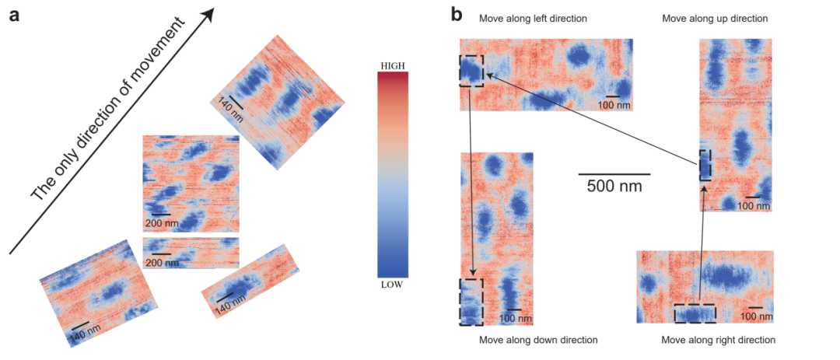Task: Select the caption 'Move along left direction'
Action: click(x=533, y=18)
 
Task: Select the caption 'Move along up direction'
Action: click(x=715, y=18)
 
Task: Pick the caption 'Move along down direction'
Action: click(x=538, y=340)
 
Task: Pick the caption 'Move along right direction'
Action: click(x=718, y=340)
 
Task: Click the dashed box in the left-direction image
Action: click(x=471, y=71)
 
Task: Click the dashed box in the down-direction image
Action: click(x=471, y=301)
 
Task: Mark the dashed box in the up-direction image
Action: click(x=705, y=165)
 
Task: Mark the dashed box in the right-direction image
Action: click(x=695, y=313)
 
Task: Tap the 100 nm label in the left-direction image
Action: click(x=613, y=105)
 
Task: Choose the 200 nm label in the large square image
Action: click(x=161, y=223)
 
